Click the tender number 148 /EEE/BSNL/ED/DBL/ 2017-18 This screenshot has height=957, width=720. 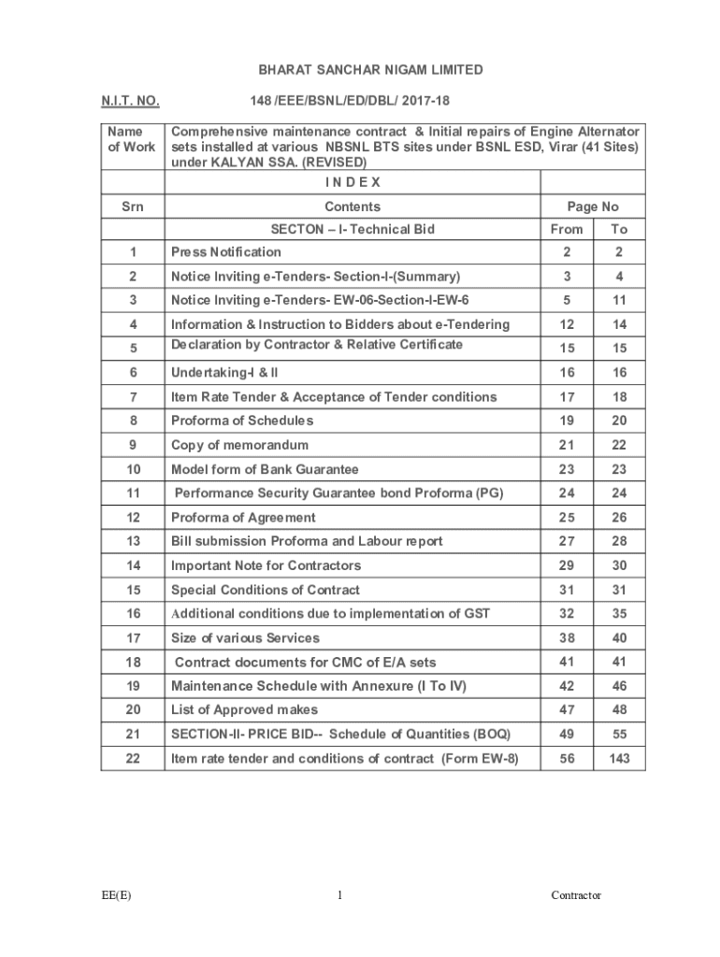coord(355,100)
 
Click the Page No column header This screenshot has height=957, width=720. coord(592,207)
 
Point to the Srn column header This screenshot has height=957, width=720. coord(133,207)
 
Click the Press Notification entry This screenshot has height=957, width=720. coord(225,251)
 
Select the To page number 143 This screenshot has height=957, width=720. coord(618,759)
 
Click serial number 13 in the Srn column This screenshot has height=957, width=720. coord(133,541)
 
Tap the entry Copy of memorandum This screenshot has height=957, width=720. coord(239,445)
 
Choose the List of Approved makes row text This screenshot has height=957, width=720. coord(244,710)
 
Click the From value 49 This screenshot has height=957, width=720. coord(567,735)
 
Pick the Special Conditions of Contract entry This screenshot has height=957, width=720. coord(265,590)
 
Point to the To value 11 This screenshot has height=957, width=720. coord(619,300)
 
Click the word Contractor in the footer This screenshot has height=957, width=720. coord(576,895)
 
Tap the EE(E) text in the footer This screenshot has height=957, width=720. coord(117,895)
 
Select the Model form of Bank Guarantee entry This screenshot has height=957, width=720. coord(265,469)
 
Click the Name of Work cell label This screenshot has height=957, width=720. coord(132,139)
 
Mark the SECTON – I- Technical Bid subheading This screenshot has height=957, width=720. coord(353,229)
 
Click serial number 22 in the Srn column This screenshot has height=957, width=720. coord(133,759)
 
